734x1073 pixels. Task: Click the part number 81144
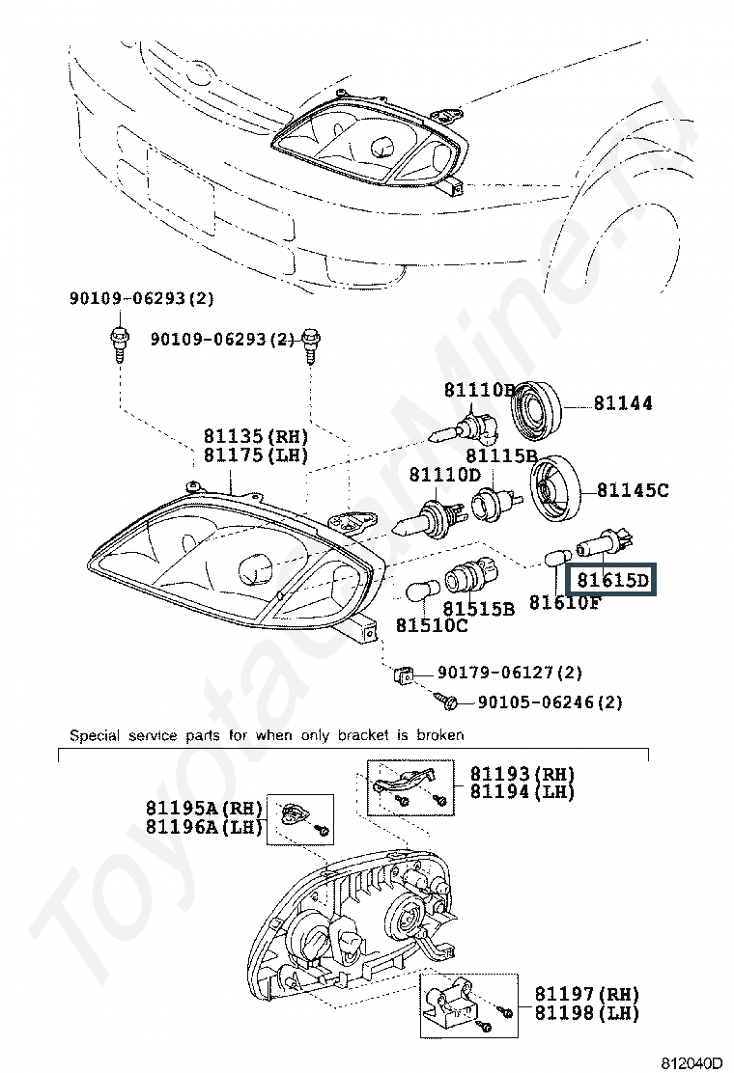pyautogui.click(x=622, y=402)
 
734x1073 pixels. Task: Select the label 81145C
pyautogui.click(x=633, y=490)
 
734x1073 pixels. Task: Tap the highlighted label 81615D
pyautogui.click(x=612, y=580)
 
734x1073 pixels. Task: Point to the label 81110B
pyautogui.click(x=479, y=390)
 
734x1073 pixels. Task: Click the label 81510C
pyautogui.click(x=432, y=624)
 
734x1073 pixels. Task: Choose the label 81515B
pyautogui.click(x=478, y=608)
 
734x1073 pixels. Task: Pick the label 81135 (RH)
pyautogui.click(x=255, y=436)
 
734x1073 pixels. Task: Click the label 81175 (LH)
pyautogui.click(x=255, y=455)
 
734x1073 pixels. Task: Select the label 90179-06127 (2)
pyautogui.click(x=509, y=672)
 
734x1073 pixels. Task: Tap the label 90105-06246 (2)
pyautogui.click(x=550, y=702)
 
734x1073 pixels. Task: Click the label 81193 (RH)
pyautogui.click(x=522, y=773)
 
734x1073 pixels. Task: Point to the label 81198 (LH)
pyautogui.click(x=587, y=1013)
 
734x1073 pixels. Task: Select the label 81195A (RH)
pyautogui.click(x=204, y=808)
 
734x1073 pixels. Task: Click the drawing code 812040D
pyautogui.click(x=692, y=1062)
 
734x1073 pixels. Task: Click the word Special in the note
pyautogui.click(x=95, y=735)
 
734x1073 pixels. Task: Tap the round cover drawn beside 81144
pyautogui.click(x=538, y=408)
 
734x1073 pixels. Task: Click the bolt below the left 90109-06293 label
pyautogui.click(x=119, y=344)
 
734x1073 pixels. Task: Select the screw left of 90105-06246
pyautogui.click(x=446, y=700)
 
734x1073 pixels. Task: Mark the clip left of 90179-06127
pyautogui.click(x=404, y=675)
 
